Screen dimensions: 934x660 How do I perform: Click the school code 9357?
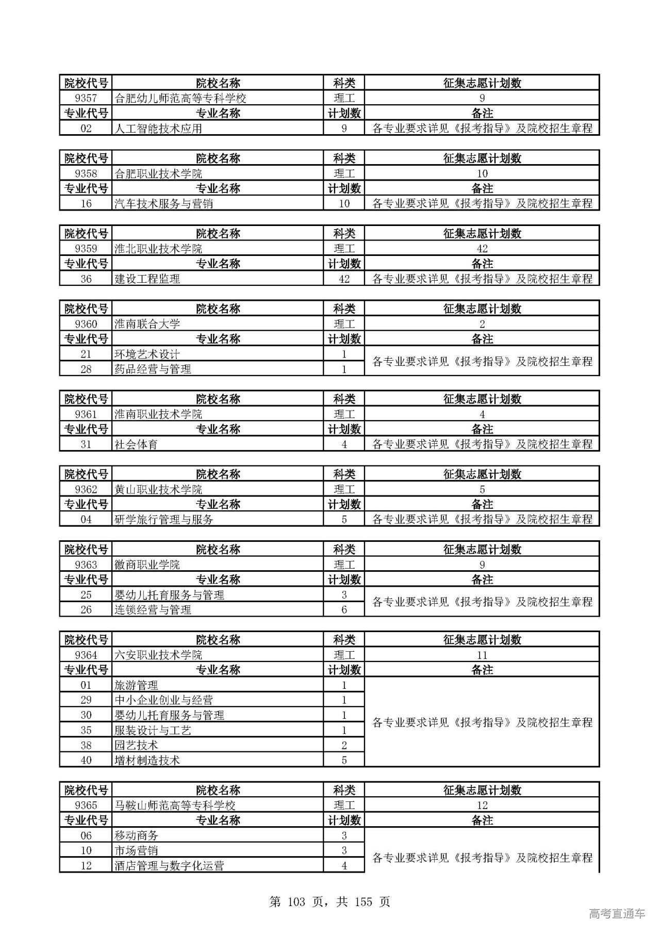pyautogui.click(x=86, y=98)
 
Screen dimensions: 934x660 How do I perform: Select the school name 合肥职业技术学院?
pyautogui.click(x=158, y=173)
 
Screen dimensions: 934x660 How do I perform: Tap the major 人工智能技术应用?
pyautogui.click(x=158, y=128)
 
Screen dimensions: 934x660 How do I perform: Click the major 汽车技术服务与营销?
pyautogui.click(x=163, y=204)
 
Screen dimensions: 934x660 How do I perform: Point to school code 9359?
pyautogui.click(x=86, y=249)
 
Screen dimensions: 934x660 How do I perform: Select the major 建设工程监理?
pyautogui.click(x=147, y=279)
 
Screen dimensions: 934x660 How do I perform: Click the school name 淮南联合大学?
pyautogui.click(x=147, y=324)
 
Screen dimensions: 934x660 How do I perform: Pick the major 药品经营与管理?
pyautogui.click(x=153, y=369)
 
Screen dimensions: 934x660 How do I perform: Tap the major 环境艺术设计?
pyautogui.click(x=147, y=354)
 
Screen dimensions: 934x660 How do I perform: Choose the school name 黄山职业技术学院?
pyautogui.click(x=158, y=489)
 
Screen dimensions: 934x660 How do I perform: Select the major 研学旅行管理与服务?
pyautogui.click(x=163, y=520)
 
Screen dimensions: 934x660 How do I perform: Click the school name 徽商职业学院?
pyautogui.click(x=147, y=565)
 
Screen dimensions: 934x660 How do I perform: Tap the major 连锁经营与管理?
pyautogui.click(x=153, y=610)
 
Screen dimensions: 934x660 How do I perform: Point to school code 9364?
pyautogui.click(x=86, y=655)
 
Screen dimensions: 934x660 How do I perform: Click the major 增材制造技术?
pyautogui.click(x=147, y=760)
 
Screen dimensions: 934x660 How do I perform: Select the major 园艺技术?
pyautogui.click(x=136, y=745)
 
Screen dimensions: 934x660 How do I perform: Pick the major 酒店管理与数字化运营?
pyautogui.click(x=169, y=865)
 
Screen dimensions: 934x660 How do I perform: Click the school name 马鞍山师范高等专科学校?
pyautogui.click(x=175, y=805)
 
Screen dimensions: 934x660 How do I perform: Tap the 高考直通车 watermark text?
pyautogui.click(x=617, y=914)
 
